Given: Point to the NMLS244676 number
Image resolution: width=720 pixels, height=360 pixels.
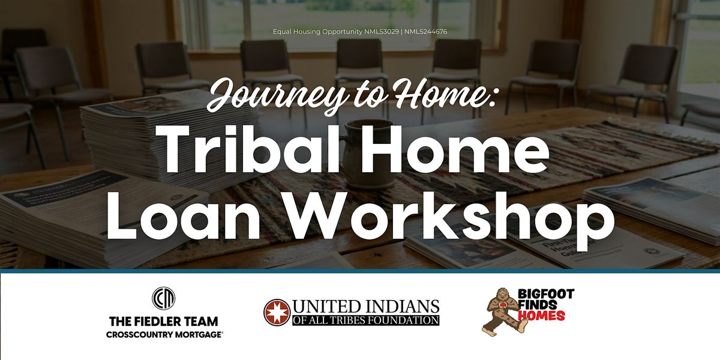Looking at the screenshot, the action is [425, 32].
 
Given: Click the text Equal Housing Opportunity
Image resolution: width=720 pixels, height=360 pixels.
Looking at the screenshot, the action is [317, 32].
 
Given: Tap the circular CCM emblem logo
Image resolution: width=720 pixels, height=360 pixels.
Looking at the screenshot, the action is [164, 298].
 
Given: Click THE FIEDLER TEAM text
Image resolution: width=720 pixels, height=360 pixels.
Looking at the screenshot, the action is [164, 321].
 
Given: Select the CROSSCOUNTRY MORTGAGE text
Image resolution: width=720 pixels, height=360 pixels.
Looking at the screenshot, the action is [164, 335].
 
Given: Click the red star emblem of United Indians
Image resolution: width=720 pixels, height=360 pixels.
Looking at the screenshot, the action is [277, 312].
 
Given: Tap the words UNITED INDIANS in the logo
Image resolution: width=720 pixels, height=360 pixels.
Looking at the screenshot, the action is [366, 307].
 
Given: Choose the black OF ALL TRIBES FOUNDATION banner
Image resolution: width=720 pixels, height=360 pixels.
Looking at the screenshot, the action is [366, 320].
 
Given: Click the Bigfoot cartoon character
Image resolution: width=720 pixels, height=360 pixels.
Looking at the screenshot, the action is [502, 311].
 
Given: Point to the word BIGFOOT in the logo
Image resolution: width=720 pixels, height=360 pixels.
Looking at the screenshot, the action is [546, 294].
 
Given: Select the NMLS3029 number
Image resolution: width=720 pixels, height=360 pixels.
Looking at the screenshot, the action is [382, 32].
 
